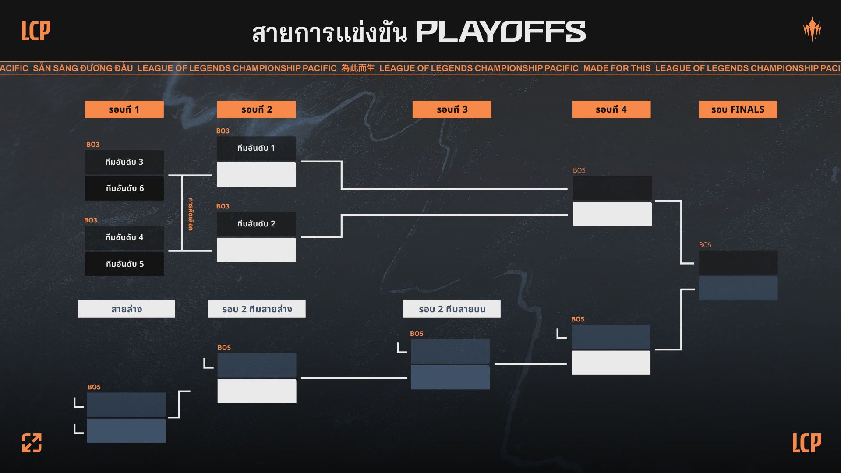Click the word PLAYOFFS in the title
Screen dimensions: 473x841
pyautogui.click(x=500, y=32)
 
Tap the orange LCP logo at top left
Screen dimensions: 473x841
pyautogui.click(x=36, y=31)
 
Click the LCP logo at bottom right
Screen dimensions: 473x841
pyautogui.click(x=806, y=443)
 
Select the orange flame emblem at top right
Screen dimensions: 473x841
pyautogui.click(x=812, y=29)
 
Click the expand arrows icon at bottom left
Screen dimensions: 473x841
pyautogui.click(x=32, y=443)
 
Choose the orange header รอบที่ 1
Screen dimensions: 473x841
pyautogui.click(x=124, y=109)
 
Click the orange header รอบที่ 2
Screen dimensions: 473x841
pyautogui.click(x=256, y=109)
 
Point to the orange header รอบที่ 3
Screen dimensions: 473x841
pyautogui.click(x=452, y=109)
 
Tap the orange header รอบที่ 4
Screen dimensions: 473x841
pyautogui.click(x=611, y=109)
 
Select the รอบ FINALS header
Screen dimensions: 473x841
pyautogui.click(x=738, y=109)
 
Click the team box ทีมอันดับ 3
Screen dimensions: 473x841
pyautogui.click(x=124, y=162)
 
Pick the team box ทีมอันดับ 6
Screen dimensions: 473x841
pyautogui.click(x=124, y=188)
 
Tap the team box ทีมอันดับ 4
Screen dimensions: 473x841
pyautogui.click(x=124, y=237)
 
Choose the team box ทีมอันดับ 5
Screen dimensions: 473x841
pyautogui.click(x=124, y=264)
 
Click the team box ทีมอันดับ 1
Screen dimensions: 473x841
pyautogui.click(x=256, y=148)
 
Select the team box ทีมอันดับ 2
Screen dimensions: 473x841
pyautogui.click(x=256, y=224)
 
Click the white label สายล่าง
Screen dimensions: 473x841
pyautogui.click(x=126, y=309)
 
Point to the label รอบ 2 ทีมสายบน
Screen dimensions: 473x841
pyautogui.click(x=452, y=309)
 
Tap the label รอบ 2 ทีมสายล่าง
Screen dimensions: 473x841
pyautogui.click(x=257, y=309)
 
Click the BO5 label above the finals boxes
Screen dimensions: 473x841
pyautogui.click(x=705, y=245)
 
